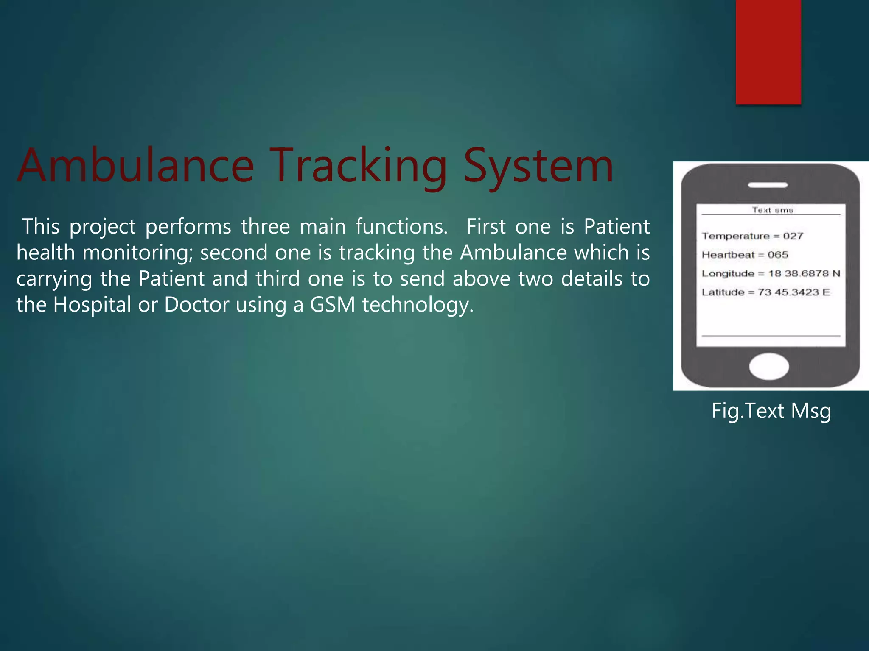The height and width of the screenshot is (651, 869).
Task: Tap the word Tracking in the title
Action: tap(359, 166)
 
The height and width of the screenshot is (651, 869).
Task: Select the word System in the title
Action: tap(538, 166)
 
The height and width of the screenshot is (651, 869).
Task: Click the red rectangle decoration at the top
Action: tap(768, 52)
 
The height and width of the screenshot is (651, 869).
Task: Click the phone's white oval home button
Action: tap(769, 366)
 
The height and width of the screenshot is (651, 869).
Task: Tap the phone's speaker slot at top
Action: tap(768, 185)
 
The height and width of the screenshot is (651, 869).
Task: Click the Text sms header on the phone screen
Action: tap(773, 210)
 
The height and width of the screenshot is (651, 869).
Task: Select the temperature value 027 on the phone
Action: tap(793, 236)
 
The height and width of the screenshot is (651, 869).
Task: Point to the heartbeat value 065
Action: tap(778, 255)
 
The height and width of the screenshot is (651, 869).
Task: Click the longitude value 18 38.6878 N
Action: tap(804, 273)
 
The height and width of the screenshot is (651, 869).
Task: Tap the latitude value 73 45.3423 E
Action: tap(793, 292)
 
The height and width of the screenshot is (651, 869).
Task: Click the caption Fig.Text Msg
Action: tap(771, 411)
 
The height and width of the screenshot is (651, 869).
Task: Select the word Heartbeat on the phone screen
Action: tap(728, 255)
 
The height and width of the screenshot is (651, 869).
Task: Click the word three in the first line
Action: tap(265, 226)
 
